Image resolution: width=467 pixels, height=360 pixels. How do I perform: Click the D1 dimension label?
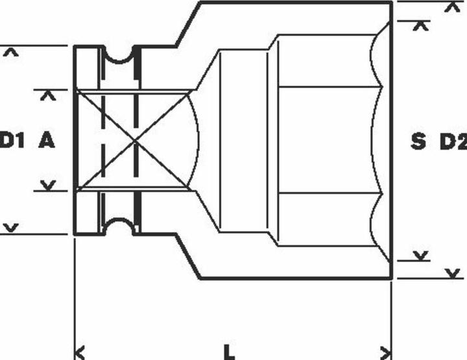coord(12,141)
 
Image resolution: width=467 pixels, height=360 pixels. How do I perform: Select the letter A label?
coord(47,141)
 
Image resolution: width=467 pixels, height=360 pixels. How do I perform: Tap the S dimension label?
coord(418,141)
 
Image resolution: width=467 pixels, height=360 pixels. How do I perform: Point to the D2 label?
coord(453,141)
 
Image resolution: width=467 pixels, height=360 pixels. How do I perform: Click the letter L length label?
coord(229,352)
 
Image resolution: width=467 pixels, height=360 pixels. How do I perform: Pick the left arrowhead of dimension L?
coord(79,353)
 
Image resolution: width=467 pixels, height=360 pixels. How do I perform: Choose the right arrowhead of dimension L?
coord(386,353)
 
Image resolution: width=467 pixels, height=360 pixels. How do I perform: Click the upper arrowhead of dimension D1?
coord(11,53)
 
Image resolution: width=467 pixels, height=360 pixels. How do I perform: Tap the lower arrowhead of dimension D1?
coord(11,228)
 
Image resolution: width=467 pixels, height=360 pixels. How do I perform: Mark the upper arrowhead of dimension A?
coord(48,96)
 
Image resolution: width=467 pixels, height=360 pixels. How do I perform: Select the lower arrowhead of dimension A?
coord(48,186)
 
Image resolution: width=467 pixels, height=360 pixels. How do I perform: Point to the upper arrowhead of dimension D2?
coord(453,7)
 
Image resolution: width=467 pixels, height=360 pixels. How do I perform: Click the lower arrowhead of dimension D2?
coord(453,273)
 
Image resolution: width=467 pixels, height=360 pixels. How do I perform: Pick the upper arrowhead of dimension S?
coord(420,26)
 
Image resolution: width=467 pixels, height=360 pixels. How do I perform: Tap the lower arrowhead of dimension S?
coord(420,256)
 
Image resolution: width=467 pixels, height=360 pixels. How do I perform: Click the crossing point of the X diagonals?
coord(135,141)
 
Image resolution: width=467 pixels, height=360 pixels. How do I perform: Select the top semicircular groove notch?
coord(119,55)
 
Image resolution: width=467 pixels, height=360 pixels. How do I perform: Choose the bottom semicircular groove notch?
coord(119,226)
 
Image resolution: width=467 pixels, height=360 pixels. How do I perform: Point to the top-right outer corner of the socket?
coord(391,3)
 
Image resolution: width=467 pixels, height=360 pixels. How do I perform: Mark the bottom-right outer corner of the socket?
coord(391,278)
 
